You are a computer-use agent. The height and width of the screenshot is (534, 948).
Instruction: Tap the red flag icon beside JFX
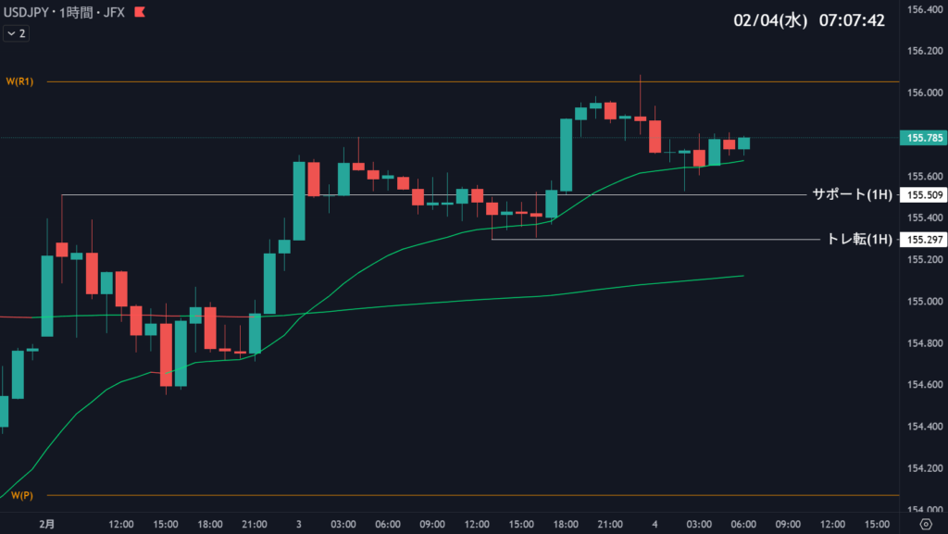[x=139, y=13]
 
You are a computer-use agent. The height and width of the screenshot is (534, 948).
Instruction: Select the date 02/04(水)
[x=770, y=20]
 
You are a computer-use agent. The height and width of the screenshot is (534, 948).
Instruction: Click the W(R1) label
[x=19, y=81]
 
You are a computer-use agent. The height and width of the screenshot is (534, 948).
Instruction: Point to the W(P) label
[x=22, y=495]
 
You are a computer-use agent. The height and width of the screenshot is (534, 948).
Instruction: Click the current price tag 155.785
[x=921, y=138]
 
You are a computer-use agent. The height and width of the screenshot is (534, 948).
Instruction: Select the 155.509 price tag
[x=921, y=195]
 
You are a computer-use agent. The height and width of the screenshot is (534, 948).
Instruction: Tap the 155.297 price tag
[x=921, y=240]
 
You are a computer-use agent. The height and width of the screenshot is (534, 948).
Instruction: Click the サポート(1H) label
[x=852, y=194]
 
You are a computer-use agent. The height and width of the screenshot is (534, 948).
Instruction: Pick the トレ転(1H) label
[x=859, y=239]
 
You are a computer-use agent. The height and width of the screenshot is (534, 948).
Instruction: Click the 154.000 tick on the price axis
[x=921, y=510]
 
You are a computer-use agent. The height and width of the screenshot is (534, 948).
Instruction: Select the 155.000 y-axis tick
[x=921, y=302]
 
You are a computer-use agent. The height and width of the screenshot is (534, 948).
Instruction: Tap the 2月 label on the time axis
[x=47, y=524]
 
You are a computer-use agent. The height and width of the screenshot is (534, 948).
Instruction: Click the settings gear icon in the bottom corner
[x=925, y=524]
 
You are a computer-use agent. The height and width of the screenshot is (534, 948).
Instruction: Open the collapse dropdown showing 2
[x=16, y=33]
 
